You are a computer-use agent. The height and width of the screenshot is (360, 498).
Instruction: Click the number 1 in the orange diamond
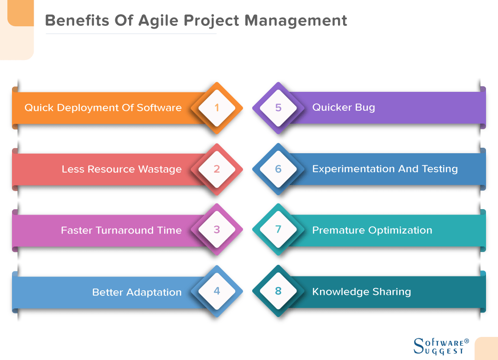point(217,108)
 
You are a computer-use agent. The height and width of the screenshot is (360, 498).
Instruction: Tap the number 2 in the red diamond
point(217,169)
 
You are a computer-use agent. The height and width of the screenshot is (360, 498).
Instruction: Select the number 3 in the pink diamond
point(217,230)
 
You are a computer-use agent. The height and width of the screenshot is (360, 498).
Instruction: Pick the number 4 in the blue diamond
point(217,291)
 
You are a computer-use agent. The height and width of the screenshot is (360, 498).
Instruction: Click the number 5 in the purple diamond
point(278,108)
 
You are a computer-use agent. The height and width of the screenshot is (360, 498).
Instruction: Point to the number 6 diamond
point(278,169)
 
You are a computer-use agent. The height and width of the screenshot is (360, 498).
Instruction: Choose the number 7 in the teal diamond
point(278,230)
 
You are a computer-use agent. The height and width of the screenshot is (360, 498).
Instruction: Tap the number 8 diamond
point(278,291)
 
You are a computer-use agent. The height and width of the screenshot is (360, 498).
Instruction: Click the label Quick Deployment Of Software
point(103,108)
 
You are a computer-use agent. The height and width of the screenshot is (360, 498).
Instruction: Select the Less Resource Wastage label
point(122,169)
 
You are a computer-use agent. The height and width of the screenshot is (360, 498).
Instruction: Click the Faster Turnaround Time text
point(121,230)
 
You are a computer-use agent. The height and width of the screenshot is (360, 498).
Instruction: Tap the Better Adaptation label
point(137,292)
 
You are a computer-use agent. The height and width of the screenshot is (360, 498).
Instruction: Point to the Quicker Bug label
point(344,108)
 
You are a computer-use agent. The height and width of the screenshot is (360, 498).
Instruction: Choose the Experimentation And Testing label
point(385,169)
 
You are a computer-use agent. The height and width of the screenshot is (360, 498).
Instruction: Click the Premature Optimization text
point(372,230)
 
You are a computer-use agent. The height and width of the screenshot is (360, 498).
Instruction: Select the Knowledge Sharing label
point(362,292)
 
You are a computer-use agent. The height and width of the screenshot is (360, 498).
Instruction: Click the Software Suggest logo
point(441,345)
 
